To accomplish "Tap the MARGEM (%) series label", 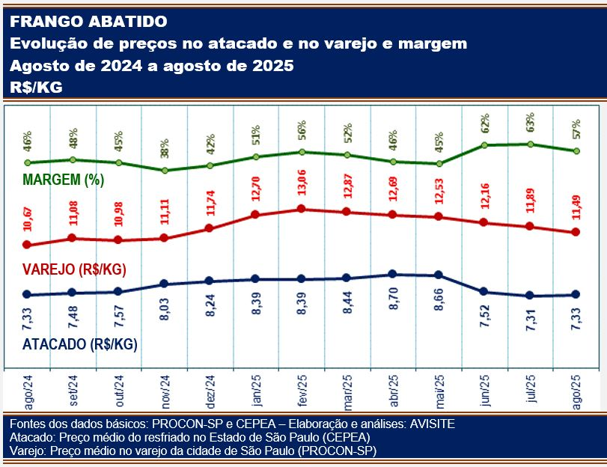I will tap(63, 180).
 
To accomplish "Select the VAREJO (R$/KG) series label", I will tap(73, 269).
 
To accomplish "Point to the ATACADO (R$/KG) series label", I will tap(79, 344).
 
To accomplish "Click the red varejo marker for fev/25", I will tap(301, 209).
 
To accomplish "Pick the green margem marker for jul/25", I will tap(531, 144).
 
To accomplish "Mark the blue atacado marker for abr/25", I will tap(393, 275).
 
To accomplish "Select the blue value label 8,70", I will tap(394, 306).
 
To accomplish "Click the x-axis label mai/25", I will tap(440, 389).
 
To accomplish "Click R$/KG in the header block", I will tap(36, 88).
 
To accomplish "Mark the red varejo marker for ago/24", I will tap(28, 245).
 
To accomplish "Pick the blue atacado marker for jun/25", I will tap(484, 291).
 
